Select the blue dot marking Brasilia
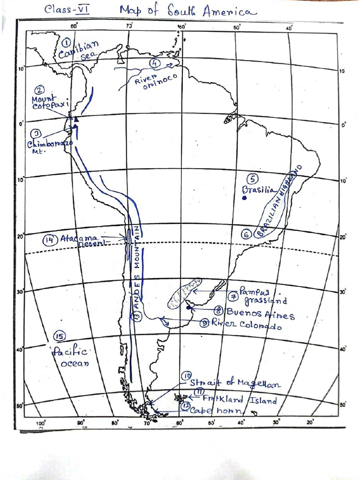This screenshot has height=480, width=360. click(x=244, y=198)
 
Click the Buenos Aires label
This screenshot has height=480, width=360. click(x=261, y=314)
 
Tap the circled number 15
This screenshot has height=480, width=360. click(x=59, y=336)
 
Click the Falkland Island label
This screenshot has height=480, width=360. click(x=240, y=400)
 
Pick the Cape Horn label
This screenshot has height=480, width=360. click(x=217, y=411)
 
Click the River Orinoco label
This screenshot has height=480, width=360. click(x=149, y=82)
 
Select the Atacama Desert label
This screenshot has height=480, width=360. click(x=82, y=240)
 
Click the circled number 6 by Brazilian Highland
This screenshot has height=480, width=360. click(x=247, y=235)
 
